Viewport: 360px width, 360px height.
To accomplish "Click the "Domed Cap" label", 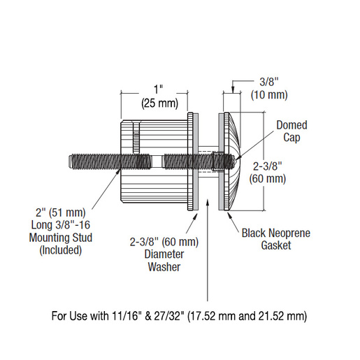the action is [291, 131].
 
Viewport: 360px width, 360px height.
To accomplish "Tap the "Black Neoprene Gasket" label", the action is [276, 239].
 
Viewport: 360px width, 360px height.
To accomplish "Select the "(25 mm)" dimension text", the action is [160, 103].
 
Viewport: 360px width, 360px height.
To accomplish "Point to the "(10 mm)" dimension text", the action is [269, 95].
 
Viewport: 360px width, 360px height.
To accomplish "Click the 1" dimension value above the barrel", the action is [159, 89].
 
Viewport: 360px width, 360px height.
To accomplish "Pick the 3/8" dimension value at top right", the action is [269, 82].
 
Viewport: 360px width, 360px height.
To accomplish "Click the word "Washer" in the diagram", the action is [164, 267].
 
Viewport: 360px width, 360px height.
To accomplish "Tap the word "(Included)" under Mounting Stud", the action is [61, 250].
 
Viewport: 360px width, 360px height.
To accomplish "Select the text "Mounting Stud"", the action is [61, 238].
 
